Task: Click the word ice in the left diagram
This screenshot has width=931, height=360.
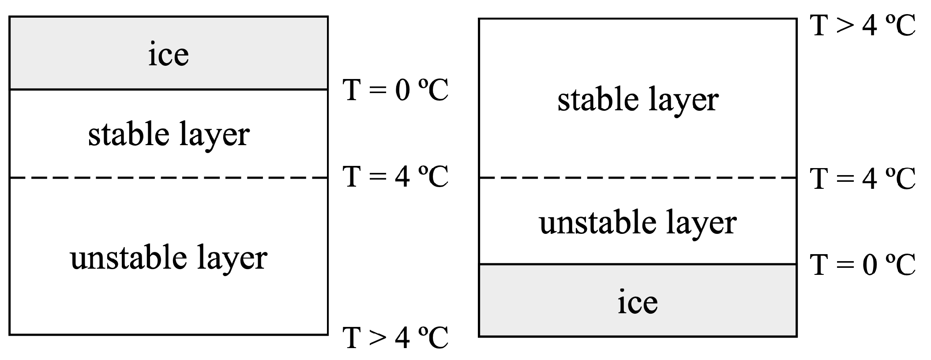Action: click(169, 55)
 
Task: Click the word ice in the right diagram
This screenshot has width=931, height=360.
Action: click(638, 303)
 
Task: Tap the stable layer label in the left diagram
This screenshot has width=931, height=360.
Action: click(169, 135)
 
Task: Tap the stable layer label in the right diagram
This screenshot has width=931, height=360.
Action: click(638, 100)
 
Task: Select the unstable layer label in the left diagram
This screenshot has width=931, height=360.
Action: click(169, 258)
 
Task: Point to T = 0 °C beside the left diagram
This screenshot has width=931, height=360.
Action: click(396, 90)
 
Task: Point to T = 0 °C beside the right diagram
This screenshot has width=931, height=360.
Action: click(863, 265)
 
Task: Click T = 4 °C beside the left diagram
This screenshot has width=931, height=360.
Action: click(396, 177)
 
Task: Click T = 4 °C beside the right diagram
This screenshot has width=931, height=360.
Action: click(863, 179)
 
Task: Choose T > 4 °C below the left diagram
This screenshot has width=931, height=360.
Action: click(396, 338)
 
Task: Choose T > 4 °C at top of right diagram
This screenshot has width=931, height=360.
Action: click(863, 25)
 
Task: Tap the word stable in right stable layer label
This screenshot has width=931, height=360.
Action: click(598, 100)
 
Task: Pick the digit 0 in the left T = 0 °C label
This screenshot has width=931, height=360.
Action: click(402, 91)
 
